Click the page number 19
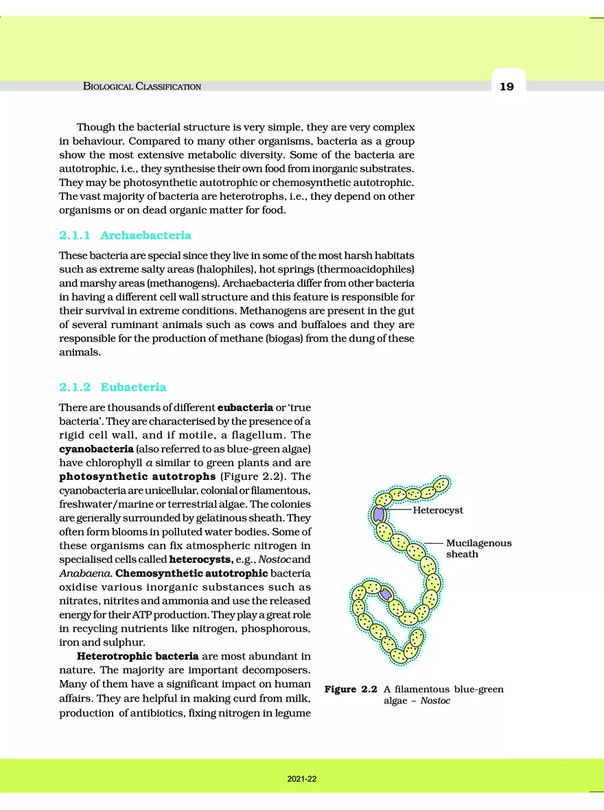coord(507,86)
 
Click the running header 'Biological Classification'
coord(142,86)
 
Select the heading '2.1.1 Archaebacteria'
coord(125,235)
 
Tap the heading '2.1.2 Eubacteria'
coord(113,386)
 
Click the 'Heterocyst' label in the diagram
coord(438,511)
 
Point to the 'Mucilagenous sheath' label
coord(478,548)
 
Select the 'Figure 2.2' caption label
coord(349,689)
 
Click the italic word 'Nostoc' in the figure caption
coord(435,702)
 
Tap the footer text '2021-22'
coord(302,780)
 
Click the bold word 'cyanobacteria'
coord(96,449)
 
